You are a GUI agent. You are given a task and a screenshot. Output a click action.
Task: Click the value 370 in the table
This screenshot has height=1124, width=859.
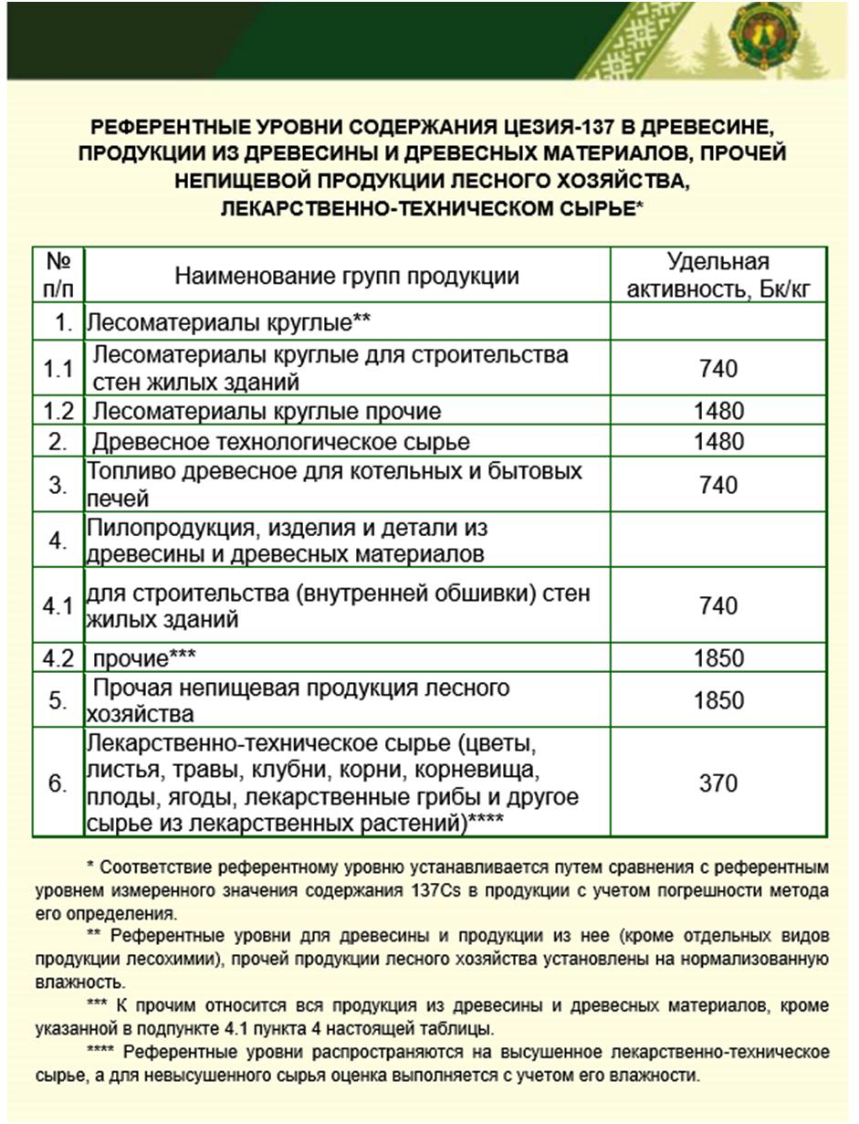(718, 783)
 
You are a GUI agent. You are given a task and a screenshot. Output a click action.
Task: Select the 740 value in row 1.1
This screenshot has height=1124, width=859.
(718, 369)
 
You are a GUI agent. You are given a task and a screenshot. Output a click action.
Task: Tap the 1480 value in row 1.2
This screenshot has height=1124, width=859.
(718, 411)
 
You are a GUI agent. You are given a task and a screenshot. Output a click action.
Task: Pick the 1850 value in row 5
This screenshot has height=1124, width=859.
(718, 700)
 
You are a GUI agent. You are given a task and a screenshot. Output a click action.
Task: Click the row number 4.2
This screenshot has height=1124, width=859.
(58, 657)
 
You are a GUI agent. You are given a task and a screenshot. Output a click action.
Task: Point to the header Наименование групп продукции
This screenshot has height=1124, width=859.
(347, 277)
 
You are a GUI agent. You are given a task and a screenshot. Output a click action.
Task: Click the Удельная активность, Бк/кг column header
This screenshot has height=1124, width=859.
(718, 277)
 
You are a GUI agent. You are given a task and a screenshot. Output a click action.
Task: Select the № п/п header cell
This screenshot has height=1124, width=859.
(58, 277)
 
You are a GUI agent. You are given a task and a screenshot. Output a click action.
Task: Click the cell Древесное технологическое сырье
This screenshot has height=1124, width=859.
(282, 442)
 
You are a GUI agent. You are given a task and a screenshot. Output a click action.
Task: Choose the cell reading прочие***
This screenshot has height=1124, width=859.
(146, 657)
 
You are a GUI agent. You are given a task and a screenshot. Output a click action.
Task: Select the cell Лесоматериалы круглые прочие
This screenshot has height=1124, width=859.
(267, 411)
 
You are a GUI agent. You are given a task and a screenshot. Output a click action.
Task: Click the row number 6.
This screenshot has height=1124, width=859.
(58, 783)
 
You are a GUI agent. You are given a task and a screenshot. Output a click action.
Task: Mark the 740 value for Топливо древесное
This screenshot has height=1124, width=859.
(718, 484)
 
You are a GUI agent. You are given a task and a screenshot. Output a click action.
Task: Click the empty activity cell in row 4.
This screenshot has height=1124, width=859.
(718, 541)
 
